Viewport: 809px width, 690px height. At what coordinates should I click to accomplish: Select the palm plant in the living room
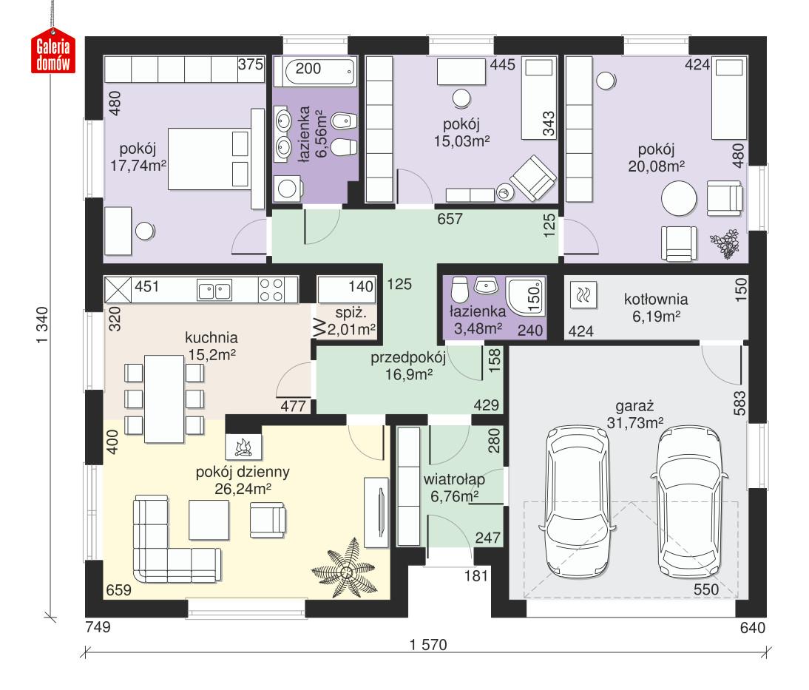click(x=345, y=570)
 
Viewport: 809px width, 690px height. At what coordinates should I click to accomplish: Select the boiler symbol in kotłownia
click(x=580, y=296)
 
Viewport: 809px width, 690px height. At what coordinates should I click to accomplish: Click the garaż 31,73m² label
click(x=639, y=414)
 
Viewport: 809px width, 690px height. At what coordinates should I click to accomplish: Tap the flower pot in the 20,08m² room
click(x=724, y=245)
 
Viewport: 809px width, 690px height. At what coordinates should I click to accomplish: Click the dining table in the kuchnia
click(x=164, y=397)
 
